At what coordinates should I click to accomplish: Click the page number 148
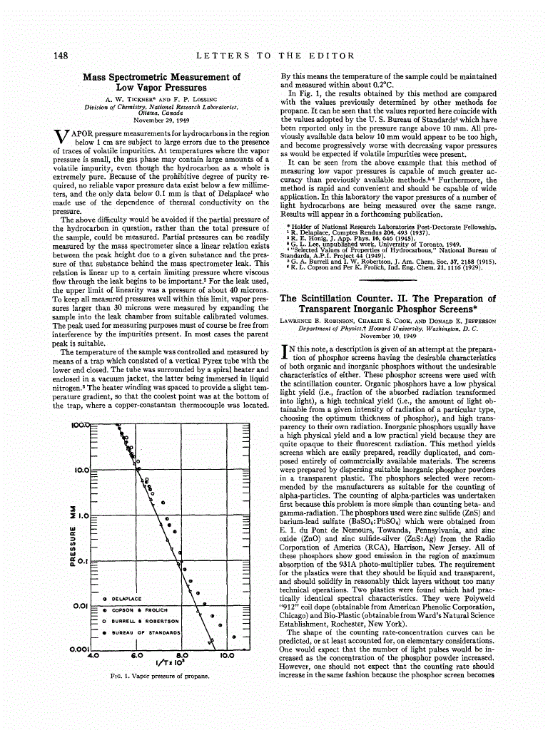point(60,55)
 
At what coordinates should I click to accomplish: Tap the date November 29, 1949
point(161,120)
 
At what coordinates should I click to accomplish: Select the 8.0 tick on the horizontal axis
point(182,654)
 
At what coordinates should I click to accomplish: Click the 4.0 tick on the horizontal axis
point(92,654)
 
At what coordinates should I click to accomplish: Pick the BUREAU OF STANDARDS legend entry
point(148,632)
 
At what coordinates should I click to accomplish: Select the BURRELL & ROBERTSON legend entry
point(146,621)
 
